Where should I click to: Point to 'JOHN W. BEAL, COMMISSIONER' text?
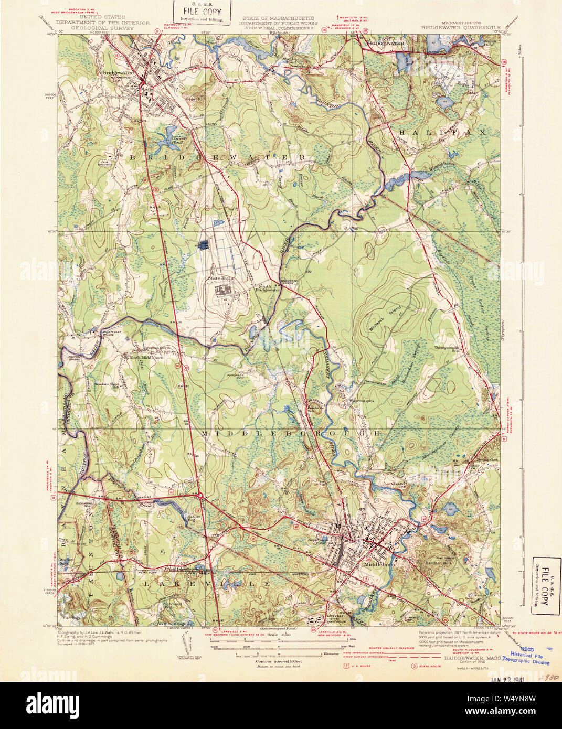point(279,28)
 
